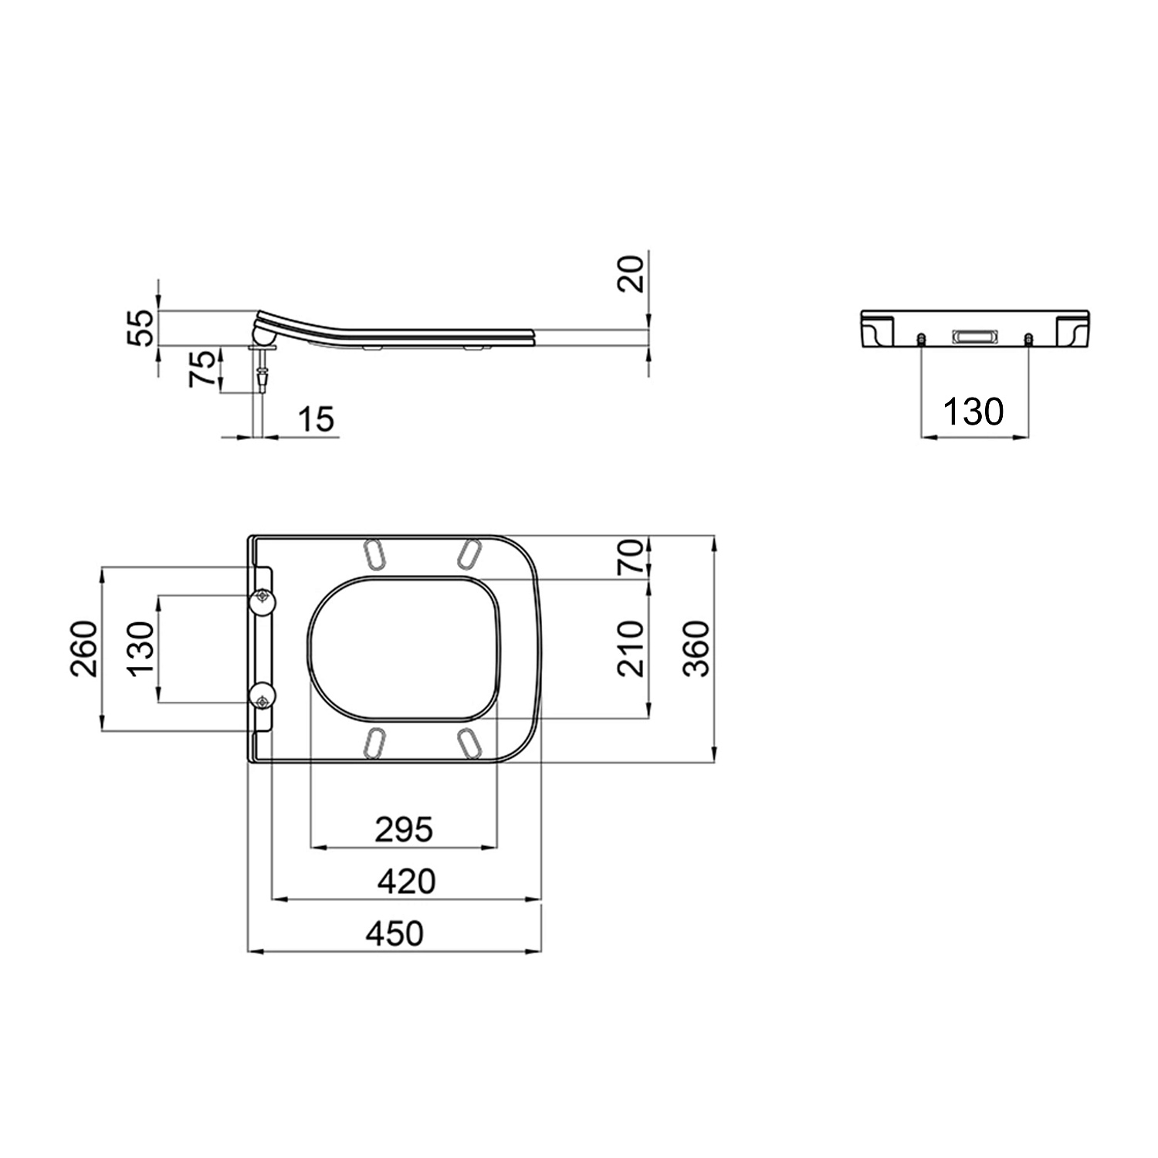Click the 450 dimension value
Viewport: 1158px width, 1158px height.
pos(394,933)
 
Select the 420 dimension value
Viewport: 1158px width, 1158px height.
pos(406,881)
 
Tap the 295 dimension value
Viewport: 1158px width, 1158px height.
pos(404,830)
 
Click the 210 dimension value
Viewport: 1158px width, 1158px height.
pos(631,648)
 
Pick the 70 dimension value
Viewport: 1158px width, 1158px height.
pos(631,557)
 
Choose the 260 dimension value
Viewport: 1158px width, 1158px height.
pos(85,648)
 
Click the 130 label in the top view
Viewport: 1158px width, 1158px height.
pos(142,648)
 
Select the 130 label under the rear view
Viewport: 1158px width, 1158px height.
pos(973,412)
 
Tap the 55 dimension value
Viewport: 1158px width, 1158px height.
pos(141,328)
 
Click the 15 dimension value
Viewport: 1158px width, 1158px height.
pos(317,419)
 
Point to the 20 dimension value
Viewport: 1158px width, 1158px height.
pos(631,274)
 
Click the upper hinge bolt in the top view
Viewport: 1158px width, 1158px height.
pos(264,598)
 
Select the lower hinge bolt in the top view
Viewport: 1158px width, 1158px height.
pos(264,701)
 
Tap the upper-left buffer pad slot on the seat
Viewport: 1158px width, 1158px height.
pos(374,554)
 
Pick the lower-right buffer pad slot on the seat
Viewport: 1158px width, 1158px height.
pos(470,743)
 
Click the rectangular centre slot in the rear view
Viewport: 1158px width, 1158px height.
pos(974,336)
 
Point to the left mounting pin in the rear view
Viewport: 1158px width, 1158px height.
pos(922,340)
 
